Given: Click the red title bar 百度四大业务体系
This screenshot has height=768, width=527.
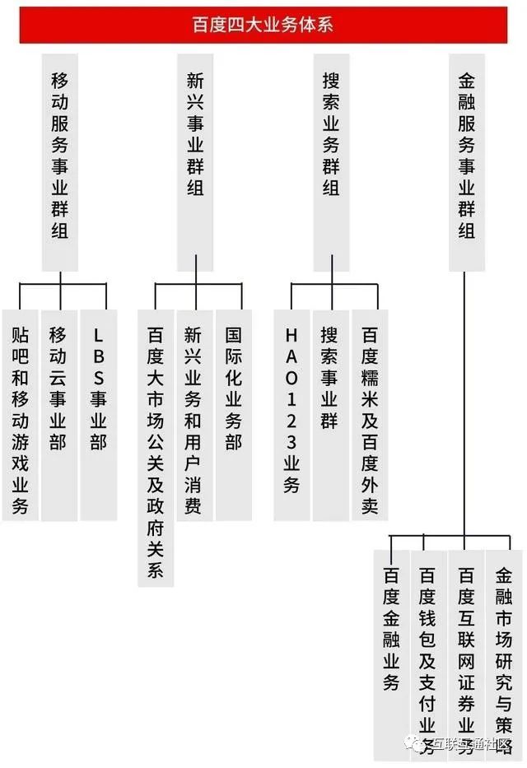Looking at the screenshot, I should [x=263, y=25].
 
